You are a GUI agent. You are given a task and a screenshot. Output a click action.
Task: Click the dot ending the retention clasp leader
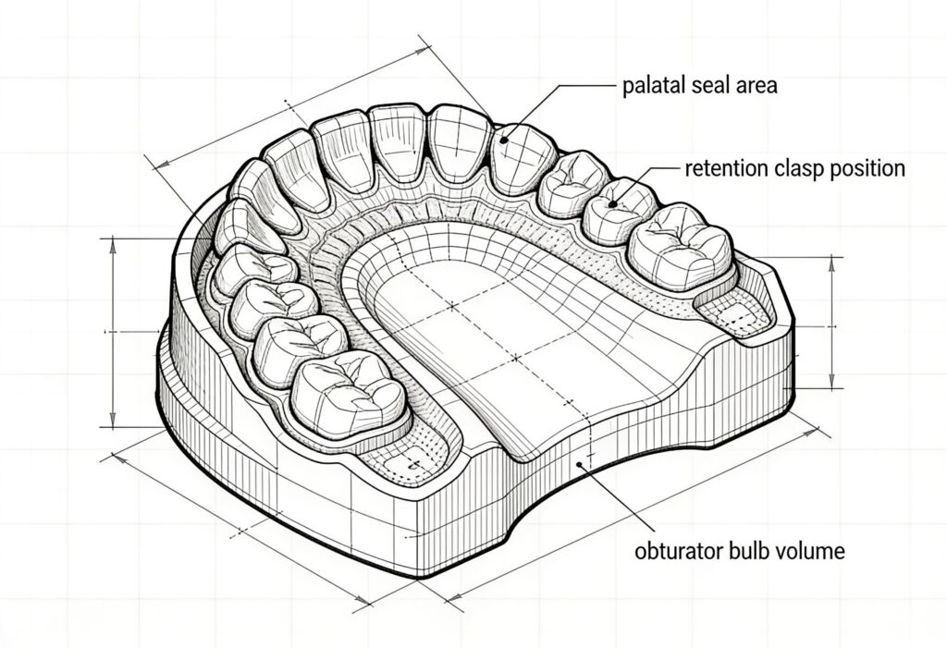[613, 204]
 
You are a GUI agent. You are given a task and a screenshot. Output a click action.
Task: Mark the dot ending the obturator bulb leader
[579, 464]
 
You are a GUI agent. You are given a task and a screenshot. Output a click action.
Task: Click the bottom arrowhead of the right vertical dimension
[833, 382]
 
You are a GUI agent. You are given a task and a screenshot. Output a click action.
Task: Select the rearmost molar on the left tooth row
[348, 396]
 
